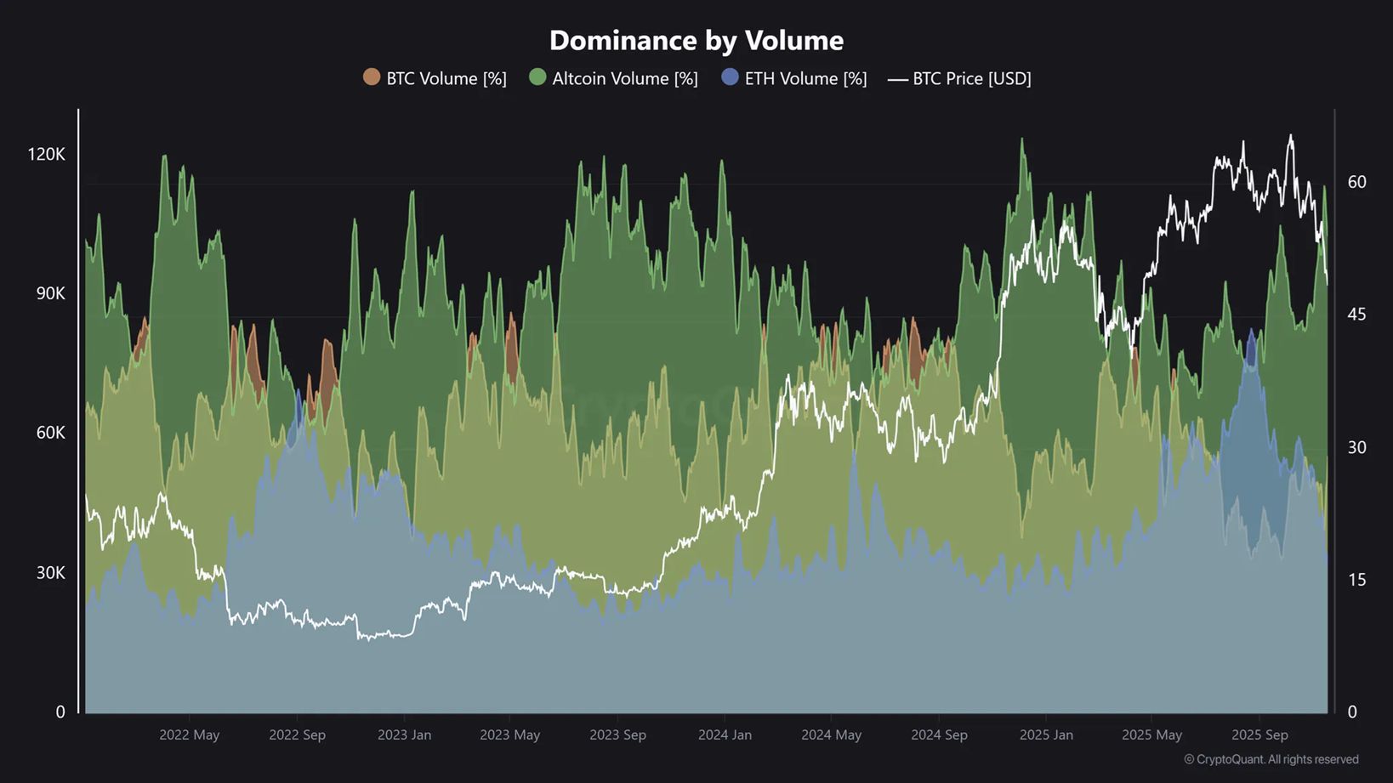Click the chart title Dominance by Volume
696,40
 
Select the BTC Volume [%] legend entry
435,78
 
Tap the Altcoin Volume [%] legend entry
613,78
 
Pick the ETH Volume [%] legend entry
793,78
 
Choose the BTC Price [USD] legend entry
959,78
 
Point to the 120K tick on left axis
46,154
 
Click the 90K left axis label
50,293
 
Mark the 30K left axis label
50,572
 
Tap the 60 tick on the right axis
1356,182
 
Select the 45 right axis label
1356,315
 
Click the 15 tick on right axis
1356,580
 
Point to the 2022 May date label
189,735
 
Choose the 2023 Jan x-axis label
404,735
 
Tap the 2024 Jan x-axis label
725,735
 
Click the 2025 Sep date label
1259,735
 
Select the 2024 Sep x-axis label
939,735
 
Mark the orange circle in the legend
372,77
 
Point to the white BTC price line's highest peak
1291,136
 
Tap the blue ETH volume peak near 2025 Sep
1251,332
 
